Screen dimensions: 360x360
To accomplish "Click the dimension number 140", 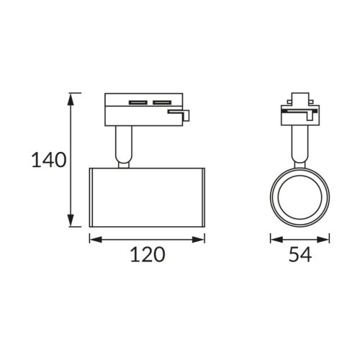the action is pyautogui.click(x=49, y=160).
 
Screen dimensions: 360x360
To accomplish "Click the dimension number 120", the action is pyautogui.click(x=148, y=254).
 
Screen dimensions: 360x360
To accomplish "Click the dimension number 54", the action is pyautogui.click(x=300, y=254).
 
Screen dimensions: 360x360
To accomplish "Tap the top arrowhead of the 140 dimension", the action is pyautogui.click(x=70, y=99).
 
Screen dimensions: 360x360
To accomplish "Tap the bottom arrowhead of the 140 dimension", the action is pyautogui.click(x=70, y=220).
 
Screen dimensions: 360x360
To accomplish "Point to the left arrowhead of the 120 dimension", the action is pyautogui.click(x=96, y=239).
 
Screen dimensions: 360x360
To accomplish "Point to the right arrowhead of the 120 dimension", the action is pyautogui.click(x=199, y=239).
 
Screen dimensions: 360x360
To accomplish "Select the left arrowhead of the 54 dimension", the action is pyautogui.click(x=276, y=239).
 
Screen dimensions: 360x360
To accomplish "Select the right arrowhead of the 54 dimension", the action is pyautogui.click(x=323, y=239).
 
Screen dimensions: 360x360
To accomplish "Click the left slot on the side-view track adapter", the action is pyautogui.click(x=138, y=102).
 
